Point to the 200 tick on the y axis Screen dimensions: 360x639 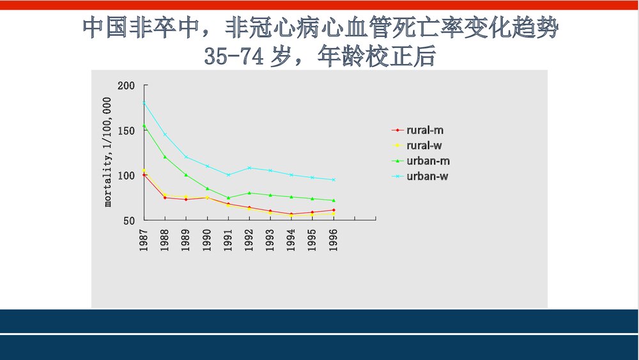(127, 86)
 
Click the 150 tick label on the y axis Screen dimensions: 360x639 (127, 130)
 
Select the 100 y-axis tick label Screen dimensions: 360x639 (127, 176)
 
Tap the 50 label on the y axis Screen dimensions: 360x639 (129, 221)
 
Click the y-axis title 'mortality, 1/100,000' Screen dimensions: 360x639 (108, 152)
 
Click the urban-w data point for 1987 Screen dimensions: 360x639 (144, 103)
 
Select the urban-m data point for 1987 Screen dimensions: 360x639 (144, 126)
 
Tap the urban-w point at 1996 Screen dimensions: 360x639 (334, 180)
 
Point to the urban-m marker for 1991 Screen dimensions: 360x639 (228, 198)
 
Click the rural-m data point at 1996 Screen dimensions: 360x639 (334, 210)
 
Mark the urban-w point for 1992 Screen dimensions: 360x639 (249, 168)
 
